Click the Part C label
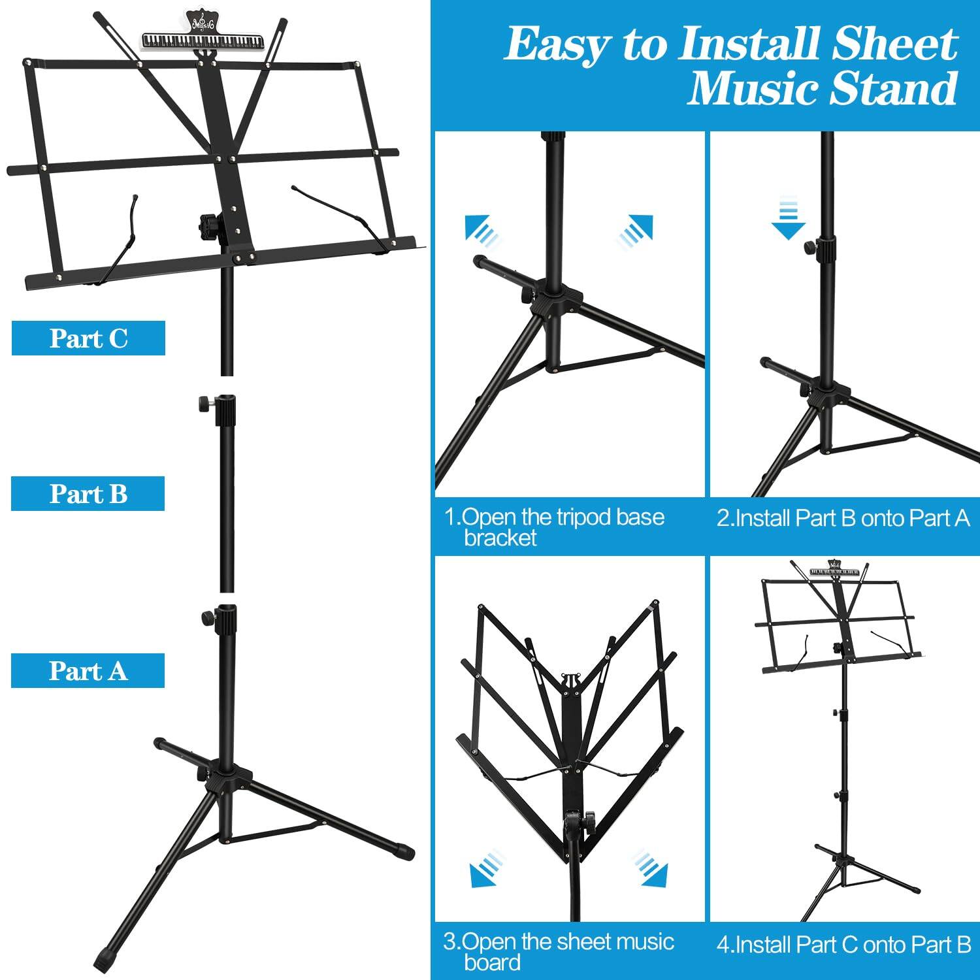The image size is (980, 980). [88, 338]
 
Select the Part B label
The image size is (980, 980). [88, 494]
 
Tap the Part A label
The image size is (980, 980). [88, 671]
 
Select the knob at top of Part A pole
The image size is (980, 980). [207, 615]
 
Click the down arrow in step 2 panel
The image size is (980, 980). [788, 220]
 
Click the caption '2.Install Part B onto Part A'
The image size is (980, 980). [843, 518]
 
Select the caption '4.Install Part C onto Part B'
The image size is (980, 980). [843, 945]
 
